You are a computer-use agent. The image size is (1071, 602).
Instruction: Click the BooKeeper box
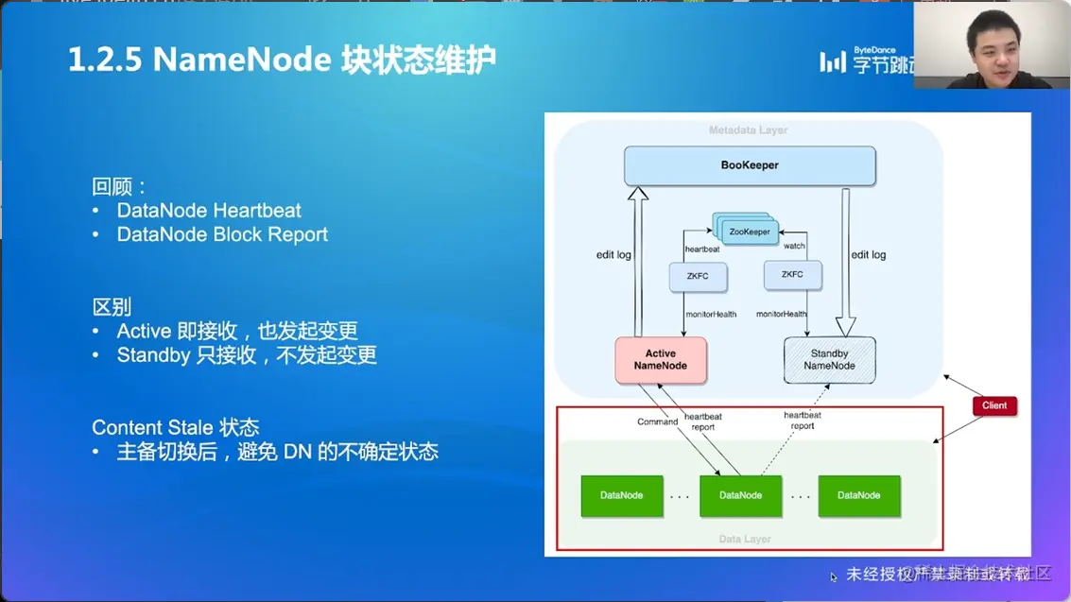click(x=750, y=165)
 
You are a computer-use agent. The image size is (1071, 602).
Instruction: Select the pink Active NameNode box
click(x=661, y=360)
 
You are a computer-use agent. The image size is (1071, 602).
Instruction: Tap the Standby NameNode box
click(x=829, y=360)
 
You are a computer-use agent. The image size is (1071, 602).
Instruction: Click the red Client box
click(x=993, y=405)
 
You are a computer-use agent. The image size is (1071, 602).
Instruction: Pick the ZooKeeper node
click(x=750, y=232)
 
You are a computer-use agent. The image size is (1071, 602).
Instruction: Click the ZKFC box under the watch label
click(x=792, y=275)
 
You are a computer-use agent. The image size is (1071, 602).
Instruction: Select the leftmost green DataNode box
click(x=621, y=495)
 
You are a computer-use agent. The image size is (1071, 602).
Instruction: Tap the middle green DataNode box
click(x=740, y=495)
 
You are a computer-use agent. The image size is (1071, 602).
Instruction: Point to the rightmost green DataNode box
click(x=858, y=495)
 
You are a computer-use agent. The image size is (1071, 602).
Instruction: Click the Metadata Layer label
click(x=748, y=130)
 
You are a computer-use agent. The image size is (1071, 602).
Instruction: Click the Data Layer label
click(x=745, y=539)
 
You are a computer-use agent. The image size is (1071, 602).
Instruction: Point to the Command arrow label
click(x=657, y=421)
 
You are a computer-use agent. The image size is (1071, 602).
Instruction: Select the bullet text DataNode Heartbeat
click(x=209, y=210)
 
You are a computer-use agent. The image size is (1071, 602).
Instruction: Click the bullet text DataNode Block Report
click(x=222, y=234)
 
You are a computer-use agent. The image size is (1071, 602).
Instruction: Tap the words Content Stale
click(x=151, y=427)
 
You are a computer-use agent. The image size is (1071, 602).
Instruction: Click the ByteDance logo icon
click(x=832, y=61)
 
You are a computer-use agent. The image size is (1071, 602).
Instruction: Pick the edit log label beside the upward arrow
click(x=613, y=255)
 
